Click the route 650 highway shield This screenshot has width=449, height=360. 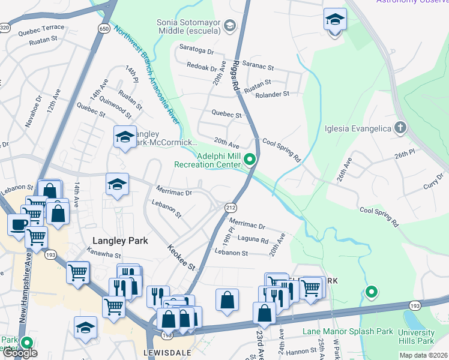tap(104, 28)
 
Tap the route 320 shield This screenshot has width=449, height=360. tap(5, 28)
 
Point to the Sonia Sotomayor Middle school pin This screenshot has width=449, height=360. tap(229, 26)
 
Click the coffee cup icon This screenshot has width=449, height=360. tap(17, 224)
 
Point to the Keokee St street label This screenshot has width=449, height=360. tap(182, 257)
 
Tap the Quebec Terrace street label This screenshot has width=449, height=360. tap(41, 28)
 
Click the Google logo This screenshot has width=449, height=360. tap(20, 353)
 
